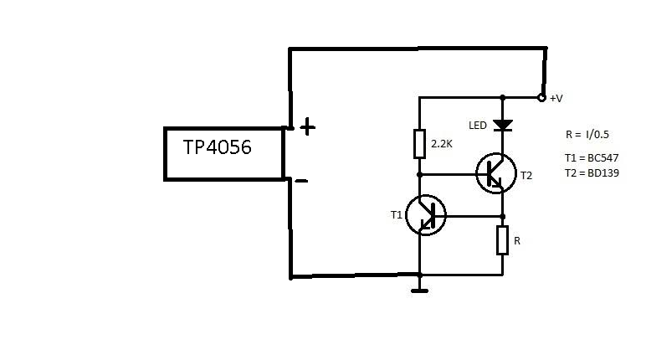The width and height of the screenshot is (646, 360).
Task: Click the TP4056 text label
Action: (217, 147)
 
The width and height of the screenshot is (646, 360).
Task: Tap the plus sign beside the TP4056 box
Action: (307, 127)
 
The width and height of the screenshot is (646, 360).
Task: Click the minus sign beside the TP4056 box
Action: (302, 181)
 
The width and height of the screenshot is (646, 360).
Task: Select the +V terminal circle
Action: (542, 98)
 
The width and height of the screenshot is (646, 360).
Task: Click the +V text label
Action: (556, 99)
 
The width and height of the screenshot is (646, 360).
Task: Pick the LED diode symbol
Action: (503, 125)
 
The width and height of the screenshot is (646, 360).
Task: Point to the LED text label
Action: (478, 126)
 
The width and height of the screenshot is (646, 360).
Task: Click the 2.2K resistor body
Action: (419, 144)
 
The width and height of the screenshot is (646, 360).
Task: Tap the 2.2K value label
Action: (442, 144)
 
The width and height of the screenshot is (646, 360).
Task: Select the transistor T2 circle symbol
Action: (496, 173)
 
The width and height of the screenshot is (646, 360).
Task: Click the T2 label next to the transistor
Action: (526, 176)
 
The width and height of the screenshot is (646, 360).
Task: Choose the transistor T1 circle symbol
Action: (426, 215)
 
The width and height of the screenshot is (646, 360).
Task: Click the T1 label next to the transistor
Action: (397, 215)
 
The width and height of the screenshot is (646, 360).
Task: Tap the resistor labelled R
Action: (502, 240)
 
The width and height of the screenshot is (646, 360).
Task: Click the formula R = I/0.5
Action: (587, 135)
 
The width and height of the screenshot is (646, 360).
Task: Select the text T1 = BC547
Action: (592, 158)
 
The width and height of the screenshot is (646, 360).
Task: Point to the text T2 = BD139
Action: (592, 173)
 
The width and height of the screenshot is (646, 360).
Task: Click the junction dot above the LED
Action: (503, 98)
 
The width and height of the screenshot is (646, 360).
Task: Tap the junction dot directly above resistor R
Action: (503, 217)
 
